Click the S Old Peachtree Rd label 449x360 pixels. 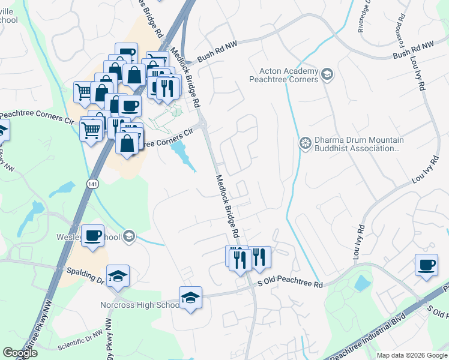click(x=291, y=283)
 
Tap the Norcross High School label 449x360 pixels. click(x=139, y=305)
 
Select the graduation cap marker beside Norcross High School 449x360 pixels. click(x=190, y=297)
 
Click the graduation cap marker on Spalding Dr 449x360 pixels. click(x=118, y=275)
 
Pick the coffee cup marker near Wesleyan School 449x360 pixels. click(x=92, y=235)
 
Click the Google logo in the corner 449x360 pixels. click(x=20, y=353)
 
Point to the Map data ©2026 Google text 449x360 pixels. click(x=412, y=355)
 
